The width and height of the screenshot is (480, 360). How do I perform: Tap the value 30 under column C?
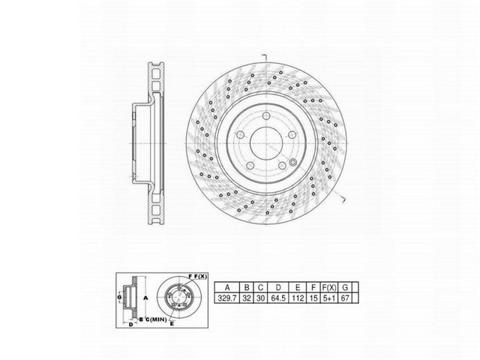click(259, 298)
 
